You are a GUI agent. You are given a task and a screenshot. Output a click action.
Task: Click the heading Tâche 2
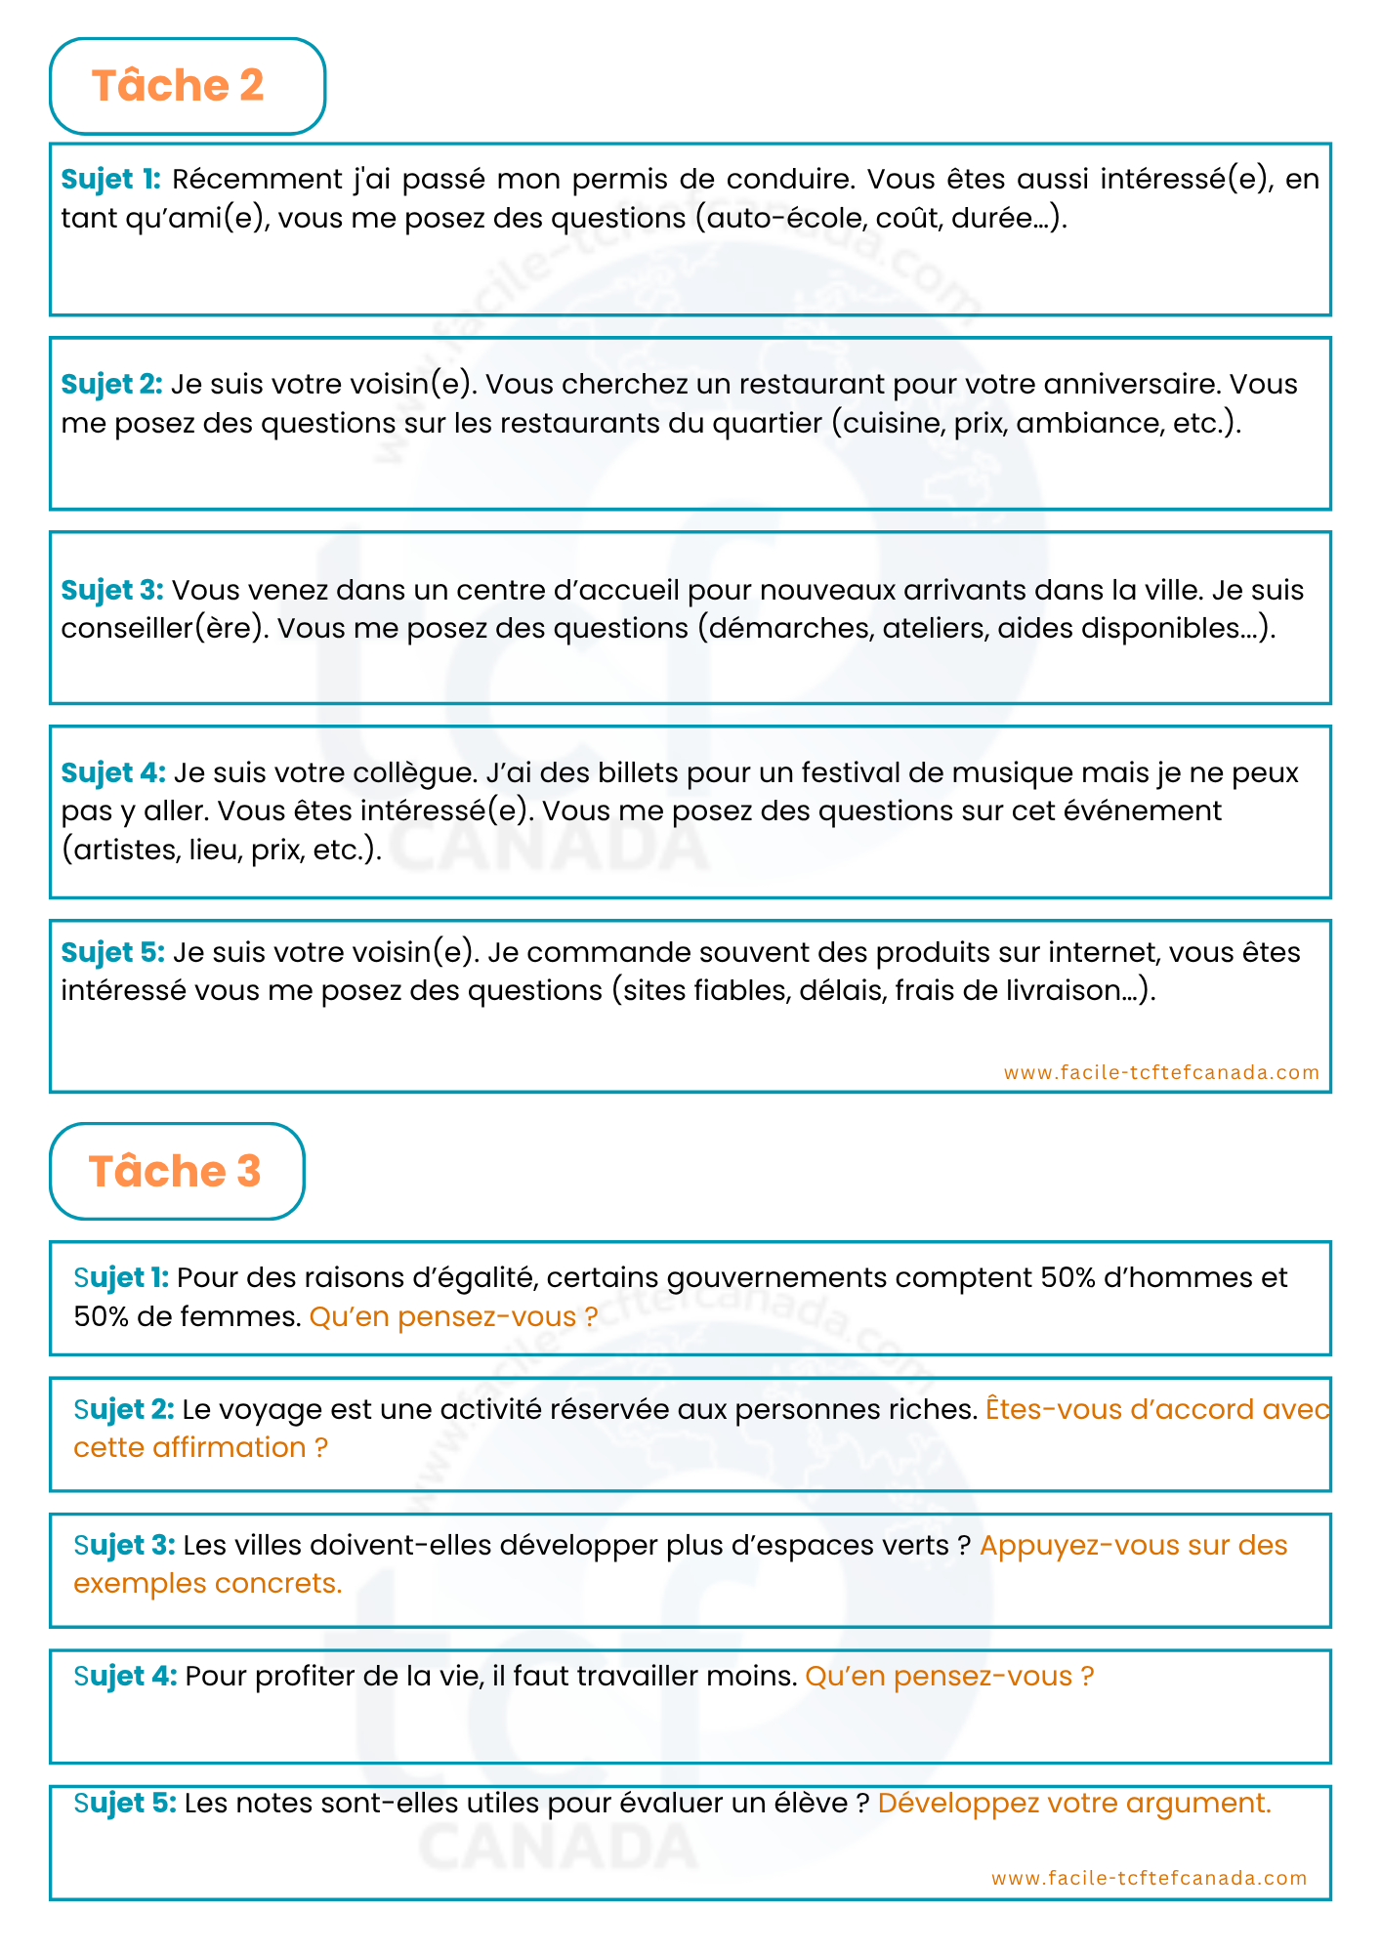[178, 86]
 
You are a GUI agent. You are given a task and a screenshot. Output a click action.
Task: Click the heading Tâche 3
[175, 1171]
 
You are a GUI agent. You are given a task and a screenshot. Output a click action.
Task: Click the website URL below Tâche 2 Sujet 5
[1161, 1072]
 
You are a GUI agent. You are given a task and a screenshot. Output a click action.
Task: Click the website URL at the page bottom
[1149, 1878]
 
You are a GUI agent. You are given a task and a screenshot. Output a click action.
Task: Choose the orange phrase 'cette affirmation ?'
[200, 1448]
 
